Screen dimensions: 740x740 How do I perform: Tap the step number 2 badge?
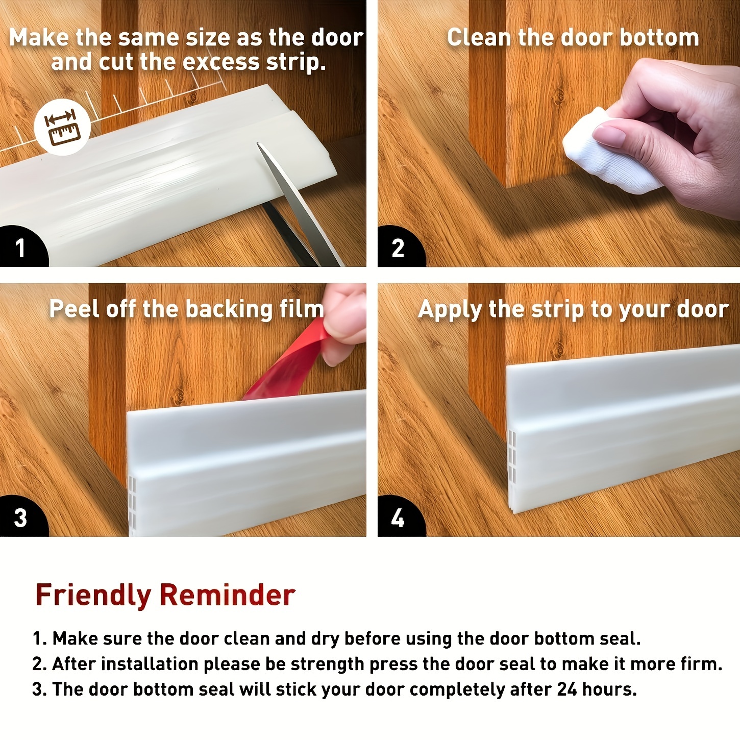click(x=398, y=248)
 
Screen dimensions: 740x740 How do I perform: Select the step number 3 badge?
click(x=20, y=517)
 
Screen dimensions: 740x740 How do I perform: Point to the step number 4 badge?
click(x=398, y=517)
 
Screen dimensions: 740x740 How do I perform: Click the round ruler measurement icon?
click(x=62, y=127)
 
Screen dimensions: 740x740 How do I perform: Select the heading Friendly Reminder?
click(x=165, y=595)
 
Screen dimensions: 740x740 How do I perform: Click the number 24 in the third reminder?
click(x=567, y=689)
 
